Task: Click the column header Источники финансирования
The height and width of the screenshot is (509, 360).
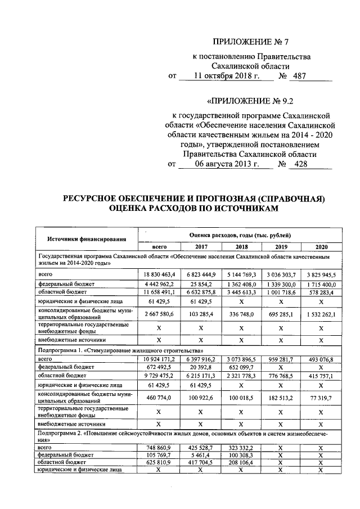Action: click(85, 240)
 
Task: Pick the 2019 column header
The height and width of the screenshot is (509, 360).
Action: click(281, 247)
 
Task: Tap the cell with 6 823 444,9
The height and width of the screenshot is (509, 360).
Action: click(200, 274)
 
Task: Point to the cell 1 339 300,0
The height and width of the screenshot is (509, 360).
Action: click(281, 284)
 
